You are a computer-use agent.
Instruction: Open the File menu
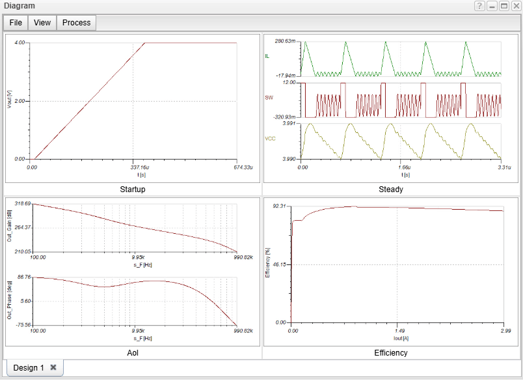(x=16, y=22)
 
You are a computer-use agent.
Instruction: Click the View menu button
(x=42, y=22)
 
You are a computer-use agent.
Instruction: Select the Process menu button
(x=76, y=22)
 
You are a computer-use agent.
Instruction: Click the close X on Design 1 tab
(x=53, y=367)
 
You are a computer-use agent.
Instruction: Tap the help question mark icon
(x=479, y=6)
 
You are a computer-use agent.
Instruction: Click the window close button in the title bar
(x=515, y=6)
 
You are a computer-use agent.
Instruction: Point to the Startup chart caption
(x=133, y=190)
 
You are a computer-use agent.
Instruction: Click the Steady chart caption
(x=391, y=190)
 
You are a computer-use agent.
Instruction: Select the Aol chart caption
(x=133, y=353)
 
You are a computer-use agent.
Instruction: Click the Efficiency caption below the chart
(x=391, y=353)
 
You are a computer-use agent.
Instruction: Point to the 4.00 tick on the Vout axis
(x=20, y=43)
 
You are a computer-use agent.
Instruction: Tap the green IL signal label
(x=267, y=57)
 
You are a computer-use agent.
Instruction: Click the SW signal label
(x=269, y=98)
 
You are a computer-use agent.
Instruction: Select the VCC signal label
(x=270, y=139)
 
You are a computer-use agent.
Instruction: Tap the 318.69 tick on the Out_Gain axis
(x=23, y=204)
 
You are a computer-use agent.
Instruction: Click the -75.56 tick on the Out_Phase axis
(x=23, y=324)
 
